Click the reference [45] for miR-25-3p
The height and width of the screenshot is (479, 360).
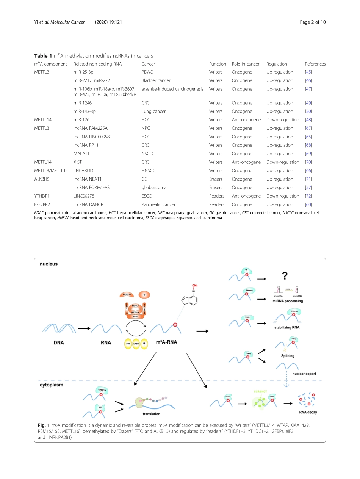click(x=308, y=72)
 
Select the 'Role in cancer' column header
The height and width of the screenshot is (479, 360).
click(x=246, y=64)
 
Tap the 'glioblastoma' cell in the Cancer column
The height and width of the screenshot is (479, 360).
click(x=154, y=187)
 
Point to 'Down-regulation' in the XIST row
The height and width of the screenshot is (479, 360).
click(x=282, y=162)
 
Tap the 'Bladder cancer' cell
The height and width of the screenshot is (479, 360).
click(x=156, y=80)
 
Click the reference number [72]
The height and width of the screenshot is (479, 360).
click(x=308, y=196)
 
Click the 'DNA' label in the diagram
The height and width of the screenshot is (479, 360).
click(x=59, y=343)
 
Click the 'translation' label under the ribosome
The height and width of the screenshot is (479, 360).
click(x=151, y=414)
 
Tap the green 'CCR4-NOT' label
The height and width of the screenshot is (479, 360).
click(x=261, y=390)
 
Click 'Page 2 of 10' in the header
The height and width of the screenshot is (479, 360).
click(x=312, y=22)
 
